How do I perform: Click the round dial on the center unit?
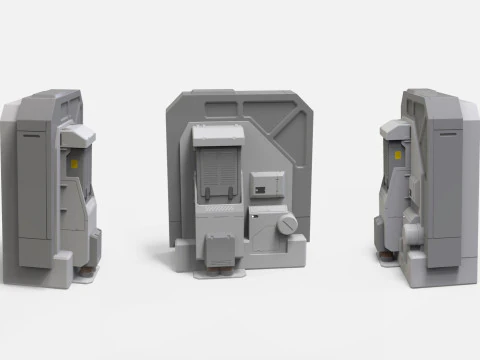(x=288, y=224)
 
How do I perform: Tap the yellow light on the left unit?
(x=74, y=160)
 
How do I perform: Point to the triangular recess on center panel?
(x=289, y=129)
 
